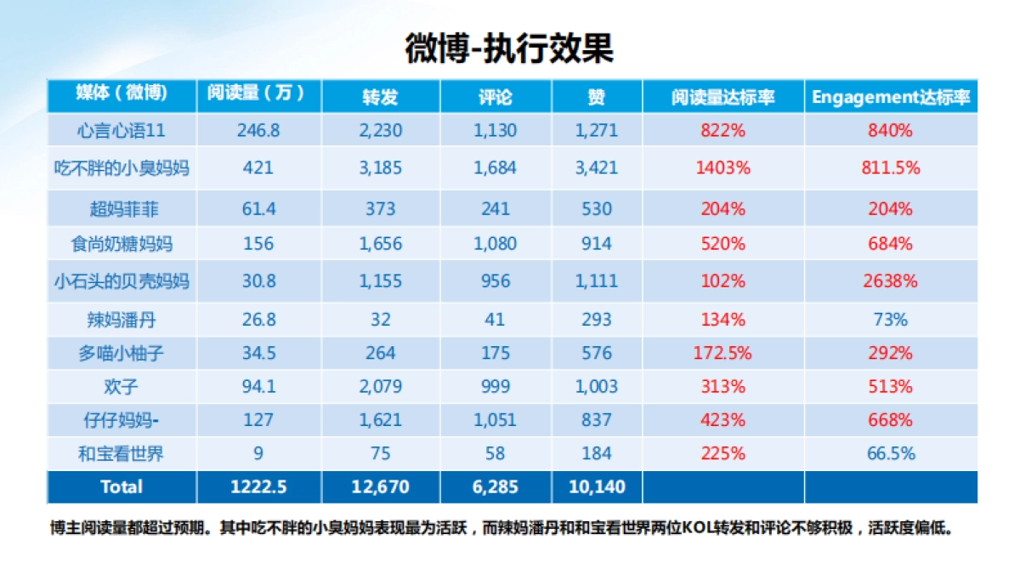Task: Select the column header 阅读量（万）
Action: (257, 94)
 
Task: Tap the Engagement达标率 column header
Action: (890, 97)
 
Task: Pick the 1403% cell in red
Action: (722, 168)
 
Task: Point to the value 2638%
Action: (890, 281)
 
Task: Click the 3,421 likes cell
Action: (596, 168)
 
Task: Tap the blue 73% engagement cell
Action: (890, 320)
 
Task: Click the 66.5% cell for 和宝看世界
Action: (890, 453)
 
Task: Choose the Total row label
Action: (121, 487)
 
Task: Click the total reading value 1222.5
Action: (258, 487)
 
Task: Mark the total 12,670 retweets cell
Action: (380, 487)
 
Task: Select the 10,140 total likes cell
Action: (596, 487)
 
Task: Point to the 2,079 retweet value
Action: (380, 386)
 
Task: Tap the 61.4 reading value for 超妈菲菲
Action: (258, 208)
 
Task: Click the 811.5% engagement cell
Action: (890, 168)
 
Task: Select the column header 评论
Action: (495, 97)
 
